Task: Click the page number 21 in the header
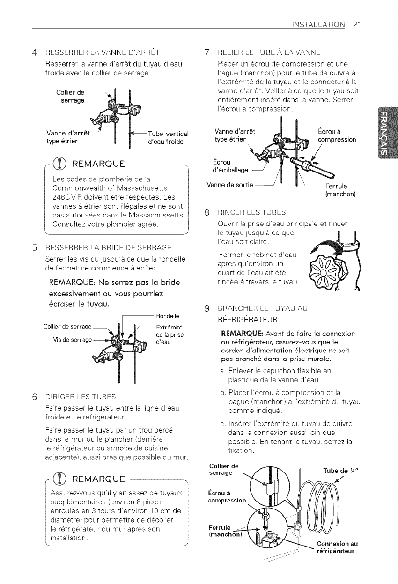coord(356,23)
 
